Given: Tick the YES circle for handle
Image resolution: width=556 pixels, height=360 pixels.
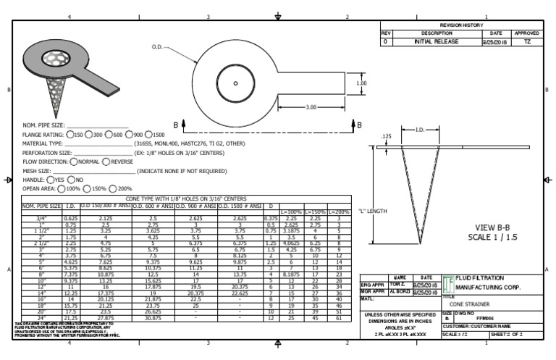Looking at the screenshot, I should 51,180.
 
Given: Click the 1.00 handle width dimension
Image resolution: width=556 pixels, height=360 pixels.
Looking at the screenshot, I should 362,83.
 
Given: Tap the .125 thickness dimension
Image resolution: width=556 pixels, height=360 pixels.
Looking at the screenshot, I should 386,135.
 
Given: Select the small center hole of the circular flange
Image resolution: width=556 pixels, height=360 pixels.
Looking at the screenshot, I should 236,83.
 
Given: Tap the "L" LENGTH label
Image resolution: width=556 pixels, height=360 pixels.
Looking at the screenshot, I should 373,211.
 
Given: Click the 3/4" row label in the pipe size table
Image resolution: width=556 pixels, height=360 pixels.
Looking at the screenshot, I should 41,218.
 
